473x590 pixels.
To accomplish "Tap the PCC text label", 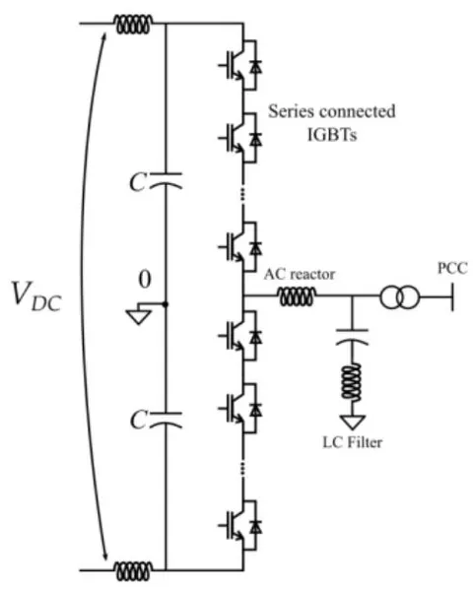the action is tap(452, 268).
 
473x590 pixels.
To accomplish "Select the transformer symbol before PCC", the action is tap(399, 296).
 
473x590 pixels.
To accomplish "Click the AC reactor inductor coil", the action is tap(297, 296).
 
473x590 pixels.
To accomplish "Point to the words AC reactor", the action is tap(300, 274).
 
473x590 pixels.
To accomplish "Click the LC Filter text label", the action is tap(353, 442).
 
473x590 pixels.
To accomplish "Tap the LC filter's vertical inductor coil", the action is tap(352, 381).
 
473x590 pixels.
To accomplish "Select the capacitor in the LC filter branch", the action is tap(352, 337).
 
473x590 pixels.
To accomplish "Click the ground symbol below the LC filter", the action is tap(352, 423).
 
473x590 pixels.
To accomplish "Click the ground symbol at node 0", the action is tap(139, 317).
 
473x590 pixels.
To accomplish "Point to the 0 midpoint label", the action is tap(145, 280).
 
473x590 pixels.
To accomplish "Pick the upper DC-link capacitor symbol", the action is tap(166, 180).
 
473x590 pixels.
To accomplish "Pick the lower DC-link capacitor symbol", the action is tap(166, 420).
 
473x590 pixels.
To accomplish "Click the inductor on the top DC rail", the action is tap(134, 24).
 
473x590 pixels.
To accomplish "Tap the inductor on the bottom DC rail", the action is tap(134, 571).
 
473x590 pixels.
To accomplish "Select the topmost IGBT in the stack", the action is tap(240, 65).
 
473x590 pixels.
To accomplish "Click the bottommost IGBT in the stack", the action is tap(240, 526).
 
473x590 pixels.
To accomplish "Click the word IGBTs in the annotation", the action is tap(332, 134).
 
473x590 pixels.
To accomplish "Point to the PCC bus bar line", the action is tap(452, 296).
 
